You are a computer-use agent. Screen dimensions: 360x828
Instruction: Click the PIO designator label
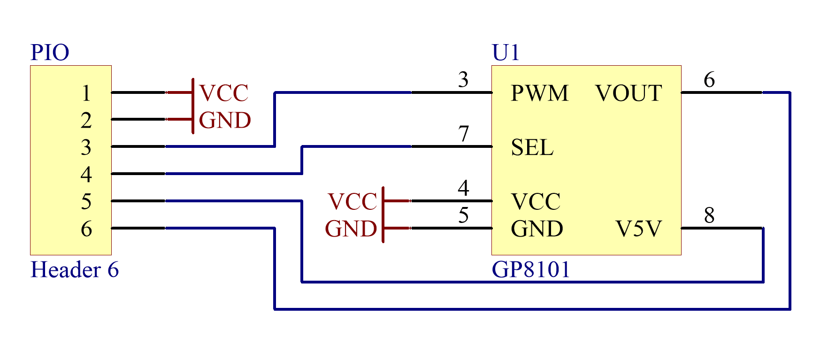click(50, 53)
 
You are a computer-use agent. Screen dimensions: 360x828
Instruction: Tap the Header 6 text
click(74, 270)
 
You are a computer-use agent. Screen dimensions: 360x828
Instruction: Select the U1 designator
click(506, 53)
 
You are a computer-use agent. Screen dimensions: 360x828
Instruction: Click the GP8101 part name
click(530, 270)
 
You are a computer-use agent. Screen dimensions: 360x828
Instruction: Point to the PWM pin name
click(539, 93)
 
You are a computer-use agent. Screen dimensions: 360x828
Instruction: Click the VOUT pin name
click(629, 93)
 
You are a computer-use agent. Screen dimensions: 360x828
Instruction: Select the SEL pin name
click(532, 148)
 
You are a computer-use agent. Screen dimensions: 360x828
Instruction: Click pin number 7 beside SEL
click(464, 134)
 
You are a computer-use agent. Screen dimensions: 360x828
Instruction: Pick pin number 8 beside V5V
click(709, 215)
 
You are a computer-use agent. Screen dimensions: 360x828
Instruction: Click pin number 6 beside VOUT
click(709, 80)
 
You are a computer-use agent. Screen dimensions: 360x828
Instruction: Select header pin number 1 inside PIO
click(86, 93)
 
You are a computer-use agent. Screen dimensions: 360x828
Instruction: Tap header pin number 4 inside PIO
click(86, 175)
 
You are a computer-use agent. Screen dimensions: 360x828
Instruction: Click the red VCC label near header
click(224, 93)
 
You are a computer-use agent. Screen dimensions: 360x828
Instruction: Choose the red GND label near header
click(225, 121)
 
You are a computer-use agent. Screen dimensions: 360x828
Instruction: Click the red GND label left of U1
click(351, 230)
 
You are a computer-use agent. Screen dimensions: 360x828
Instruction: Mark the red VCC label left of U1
click(352, 202)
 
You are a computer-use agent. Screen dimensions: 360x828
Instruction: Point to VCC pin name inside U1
click(536, 202)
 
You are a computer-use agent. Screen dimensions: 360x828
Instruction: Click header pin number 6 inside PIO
click(86, 230)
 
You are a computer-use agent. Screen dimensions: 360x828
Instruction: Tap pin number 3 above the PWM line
click(463, 80)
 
